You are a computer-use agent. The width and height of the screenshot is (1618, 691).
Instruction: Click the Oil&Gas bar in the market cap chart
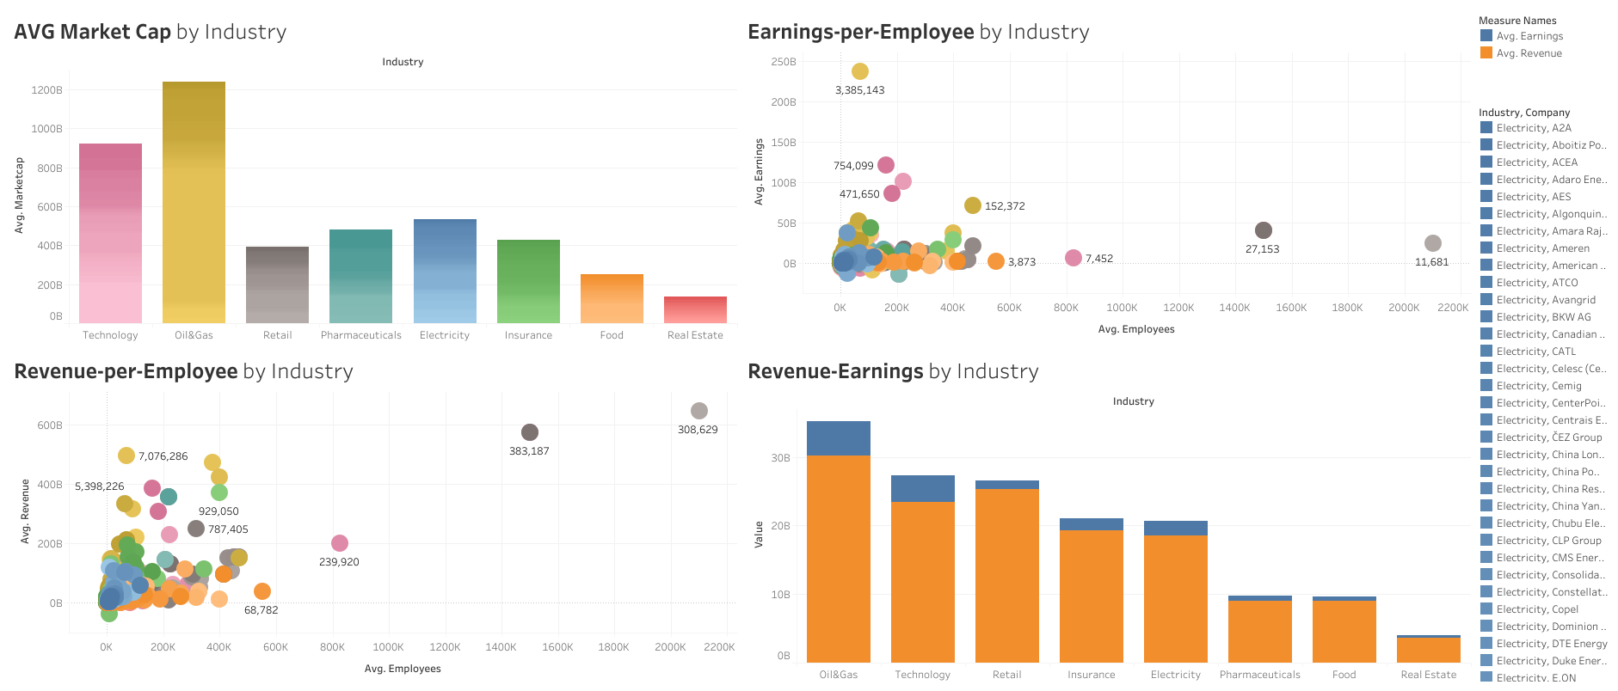click(x=194, y=202)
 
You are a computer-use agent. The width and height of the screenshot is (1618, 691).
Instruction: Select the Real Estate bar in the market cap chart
click(x=695, y=309)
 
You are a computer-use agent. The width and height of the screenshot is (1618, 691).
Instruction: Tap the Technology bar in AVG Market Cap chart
click(x=110, y=233)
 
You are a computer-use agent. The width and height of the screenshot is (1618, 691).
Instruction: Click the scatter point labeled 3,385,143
click(x=859, y=71)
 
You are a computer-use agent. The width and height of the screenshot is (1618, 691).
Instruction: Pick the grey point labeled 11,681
click(x=1432, y=243)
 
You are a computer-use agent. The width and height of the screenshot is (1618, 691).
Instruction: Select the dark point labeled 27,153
click(x=1263, y=230)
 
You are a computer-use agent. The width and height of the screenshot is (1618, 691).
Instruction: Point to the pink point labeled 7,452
click(x=1073, y=258)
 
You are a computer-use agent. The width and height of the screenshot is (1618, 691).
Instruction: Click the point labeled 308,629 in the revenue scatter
click(x=698, y=411)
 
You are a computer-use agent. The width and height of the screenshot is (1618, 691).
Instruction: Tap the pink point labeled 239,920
click(x=340, y=543)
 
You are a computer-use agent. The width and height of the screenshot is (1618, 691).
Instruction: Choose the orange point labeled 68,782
click(x=262, y=591)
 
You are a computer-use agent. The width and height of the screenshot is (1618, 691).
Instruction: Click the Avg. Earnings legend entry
click(x=1529, y=36)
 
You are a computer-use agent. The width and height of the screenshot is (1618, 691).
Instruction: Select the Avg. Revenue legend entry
click(x=1529, y=53)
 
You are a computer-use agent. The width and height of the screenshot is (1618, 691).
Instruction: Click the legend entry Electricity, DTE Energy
click(x=1551, y=644)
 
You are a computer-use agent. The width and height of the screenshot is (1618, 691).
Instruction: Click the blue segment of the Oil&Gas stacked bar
click(x=838, y=438)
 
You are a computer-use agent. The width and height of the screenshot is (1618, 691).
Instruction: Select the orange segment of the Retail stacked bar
click(x=1006, y=576)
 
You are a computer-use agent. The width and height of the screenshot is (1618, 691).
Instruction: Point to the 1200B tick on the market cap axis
click(x=47, y=90)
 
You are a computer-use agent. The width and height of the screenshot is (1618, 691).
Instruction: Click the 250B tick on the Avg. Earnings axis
click(x=783, y=62)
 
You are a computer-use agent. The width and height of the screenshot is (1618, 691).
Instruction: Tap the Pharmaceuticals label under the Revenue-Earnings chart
click(x=1259, y=675)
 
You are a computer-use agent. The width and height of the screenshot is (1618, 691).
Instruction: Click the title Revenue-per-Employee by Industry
click(x=183, y=371)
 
